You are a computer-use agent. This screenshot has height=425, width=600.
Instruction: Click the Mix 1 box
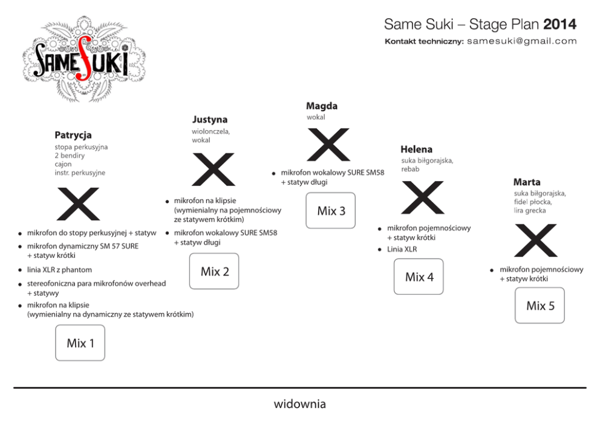point(80,343)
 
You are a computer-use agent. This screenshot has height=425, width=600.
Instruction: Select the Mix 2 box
point(214,271)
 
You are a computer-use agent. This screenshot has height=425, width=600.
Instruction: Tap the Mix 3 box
point(331,211)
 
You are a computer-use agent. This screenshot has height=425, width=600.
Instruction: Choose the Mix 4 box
point(419,277)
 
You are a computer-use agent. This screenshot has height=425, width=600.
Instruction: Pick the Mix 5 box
point(540,305)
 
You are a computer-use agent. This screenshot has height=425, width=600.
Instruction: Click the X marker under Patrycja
point(78,204)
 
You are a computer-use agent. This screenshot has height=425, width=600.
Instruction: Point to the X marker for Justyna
point(213,170)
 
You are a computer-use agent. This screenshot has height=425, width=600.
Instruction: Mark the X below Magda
point(328,145)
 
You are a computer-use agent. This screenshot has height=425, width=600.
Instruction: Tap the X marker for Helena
point(423,198)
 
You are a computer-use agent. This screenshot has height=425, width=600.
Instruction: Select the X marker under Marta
point(536,240)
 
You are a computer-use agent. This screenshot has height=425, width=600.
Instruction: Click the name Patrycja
point(73,134)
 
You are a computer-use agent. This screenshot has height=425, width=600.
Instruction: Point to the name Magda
point(322,106)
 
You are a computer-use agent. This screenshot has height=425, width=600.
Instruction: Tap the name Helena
point(416,149)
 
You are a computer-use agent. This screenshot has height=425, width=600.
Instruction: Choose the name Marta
point(527,182)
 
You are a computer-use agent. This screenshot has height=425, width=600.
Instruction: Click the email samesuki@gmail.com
point(522,41)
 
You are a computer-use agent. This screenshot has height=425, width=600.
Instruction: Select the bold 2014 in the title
point(559,24)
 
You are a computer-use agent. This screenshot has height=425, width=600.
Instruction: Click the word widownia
point(300,403)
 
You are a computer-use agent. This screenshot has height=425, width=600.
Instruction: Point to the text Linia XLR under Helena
point(402,249)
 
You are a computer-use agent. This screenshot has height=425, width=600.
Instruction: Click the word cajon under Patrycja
point(64,164)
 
